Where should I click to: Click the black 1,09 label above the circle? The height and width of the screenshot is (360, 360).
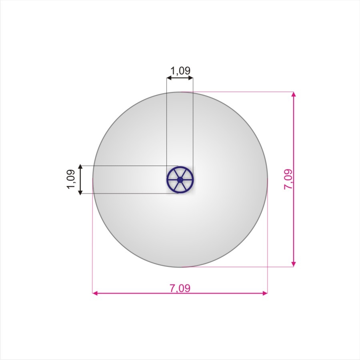(x=180, y=71)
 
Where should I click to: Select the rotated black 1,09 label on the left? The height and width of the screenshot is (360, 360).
(x=71, y=179)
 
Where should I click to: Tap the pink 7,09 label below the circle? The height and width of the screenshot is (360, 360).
(x=180, y=288)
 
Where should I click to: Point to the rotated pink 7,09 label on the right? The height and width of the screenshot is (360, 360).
(x=288, y=179)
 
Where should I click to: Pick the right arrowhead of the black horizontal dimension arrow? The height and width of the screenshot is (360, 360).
(x=190, y=78)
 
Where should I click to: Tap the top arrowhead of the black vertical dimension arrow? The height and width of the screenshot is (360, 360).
(x=80, y=167)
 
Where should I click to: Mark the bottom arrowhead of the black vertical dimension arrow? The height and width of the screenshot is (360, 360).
(x=80, y=192)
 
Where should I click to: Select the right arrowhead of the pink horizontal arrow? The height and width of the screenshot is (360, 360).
(x=265, y=293)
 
